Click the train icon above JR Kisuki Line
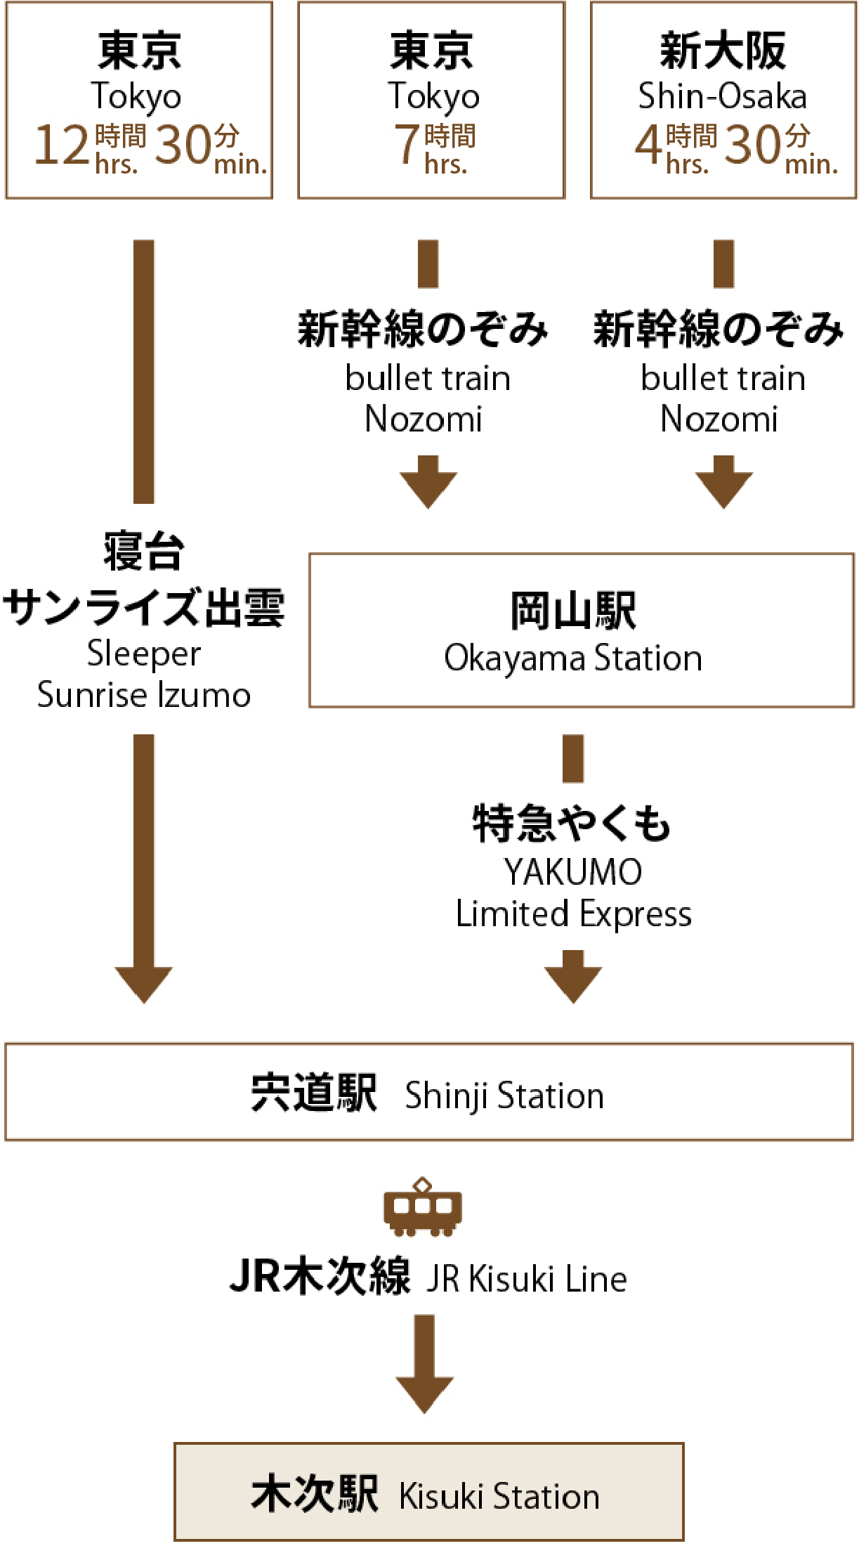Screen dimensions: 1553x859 point(423,1207)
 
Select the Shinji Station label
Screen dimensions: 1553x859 point(504,1096)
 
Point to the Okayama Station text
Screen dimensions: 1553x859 point(573,658)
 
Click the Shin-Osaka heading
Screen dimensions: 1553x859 point(722,96)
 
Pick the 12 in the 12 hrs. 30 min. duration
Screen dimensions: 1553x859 point(62,145)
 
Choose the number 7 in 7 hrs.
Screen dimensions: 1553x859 point(407,144)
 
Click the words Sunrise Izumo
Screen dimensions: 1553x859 point(144,695)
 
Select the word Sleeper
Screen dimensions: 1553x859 point(144,654)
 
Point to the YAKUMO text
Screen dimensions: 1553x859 point(573,872)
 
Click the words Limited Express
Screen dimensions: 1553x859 point(573,914)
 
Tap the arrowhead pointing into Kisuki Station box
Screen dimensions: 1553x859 point(424,1394)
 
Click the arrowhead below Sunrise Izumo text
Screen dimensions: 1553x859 point(144,984)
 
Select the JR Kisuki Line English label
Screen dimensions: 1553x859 point(527,1279)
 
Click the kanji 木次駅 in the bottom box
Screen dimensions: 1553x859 point(315,1494)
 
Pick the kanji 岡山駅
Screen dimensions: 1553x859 point(573,611)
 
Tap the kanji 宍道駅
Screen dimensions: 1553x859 point(314,1093)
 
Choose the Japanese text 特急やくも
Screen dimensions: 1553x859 point(572,823)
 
